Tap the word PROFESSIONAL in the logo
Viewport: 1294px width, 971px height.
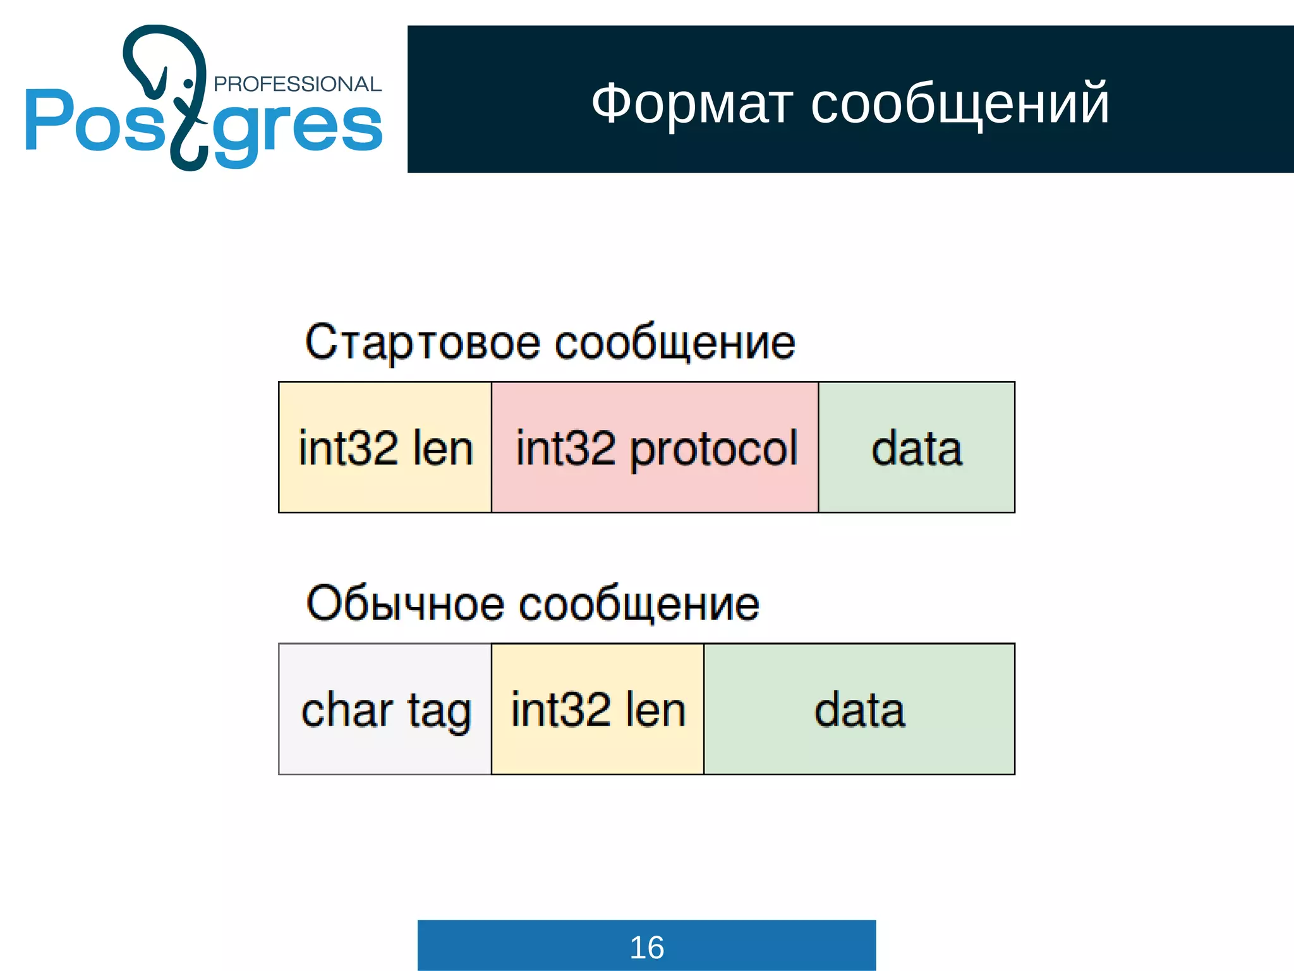[x=298, y=84]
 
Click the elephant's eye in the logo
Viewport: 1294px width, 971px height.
[x=188, y=83]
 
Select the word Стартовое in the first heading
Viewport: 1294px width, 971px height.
[x=422, y=343]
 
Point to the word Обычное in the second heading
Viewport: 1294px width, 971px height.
[x=404, y=604]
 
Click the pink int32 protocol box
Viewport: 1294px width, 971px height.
[x=655, y=448]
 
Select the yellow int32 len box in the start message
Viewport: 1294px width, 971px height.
[x=385, y=448]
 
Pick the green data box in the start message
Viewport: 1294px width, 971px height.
[x=916, y=448]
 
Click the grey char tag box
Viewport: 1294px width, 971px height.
[x=385, y=709]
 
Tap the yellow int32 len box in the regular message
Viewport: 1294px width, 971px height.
[x=597, y=709]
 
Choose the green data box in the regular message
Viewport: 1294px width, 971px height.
[x=859, y=709]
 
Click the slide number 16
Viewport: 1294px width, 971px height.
[x=646, y=947]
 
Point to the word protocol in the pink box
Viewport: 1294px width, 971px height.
[x=714, y=449]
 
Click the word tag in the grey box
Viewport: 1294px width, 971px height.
[x=439, y=711]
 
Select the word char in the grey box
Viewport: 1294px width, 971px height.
[x=347, y=710]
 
